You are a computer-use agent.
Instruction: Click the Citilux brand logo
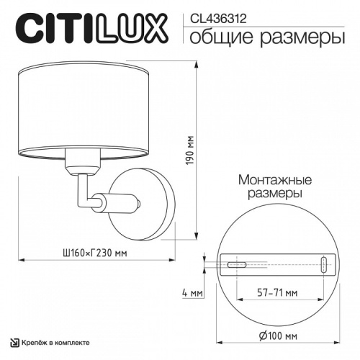91,29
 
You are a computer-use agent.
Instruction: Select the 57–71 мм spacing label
277,293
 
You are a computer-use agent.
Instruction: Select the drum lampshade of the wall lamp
81,107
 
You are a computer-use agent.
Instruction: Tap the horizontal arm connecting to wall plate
115,202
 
